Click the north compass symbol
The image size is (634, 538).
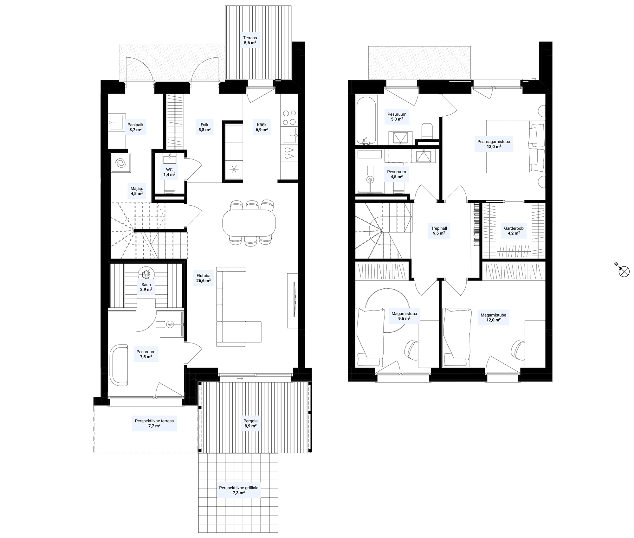point(624,271)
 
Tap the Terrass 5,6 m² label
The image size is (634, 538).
point(250,40)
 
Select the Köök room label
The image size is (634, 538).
point(262,125)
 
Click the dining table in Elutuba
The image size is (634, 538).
point(249,222)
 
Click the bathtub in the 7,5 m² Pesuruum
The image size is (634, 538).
point(119,365)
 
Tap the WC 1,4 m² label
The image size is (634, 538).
point(169,172)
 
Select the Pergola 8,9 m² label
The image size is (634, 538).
point(250,423)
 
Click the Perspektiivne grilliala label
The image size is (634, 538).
point(239,488)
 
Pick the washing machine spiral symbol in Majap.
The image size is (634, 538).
point(121,163)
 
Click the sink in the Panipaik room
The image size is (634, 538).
point(117,122)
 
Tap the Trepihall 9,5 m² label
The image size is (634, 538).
point(439,230)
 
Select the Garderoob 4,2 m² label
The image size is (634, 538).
point(514,230)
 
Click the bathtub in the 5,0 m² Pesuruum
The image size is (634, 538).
point(366,120)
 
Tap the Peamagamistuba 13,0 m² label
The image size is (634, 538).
point(494,144)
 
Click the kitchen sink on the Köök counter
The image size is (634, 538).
point(290,136)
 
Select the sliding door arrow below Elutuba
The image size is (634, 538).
point(240,378)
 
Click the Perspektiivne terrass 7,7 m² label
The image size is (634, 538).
point(154,423)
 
